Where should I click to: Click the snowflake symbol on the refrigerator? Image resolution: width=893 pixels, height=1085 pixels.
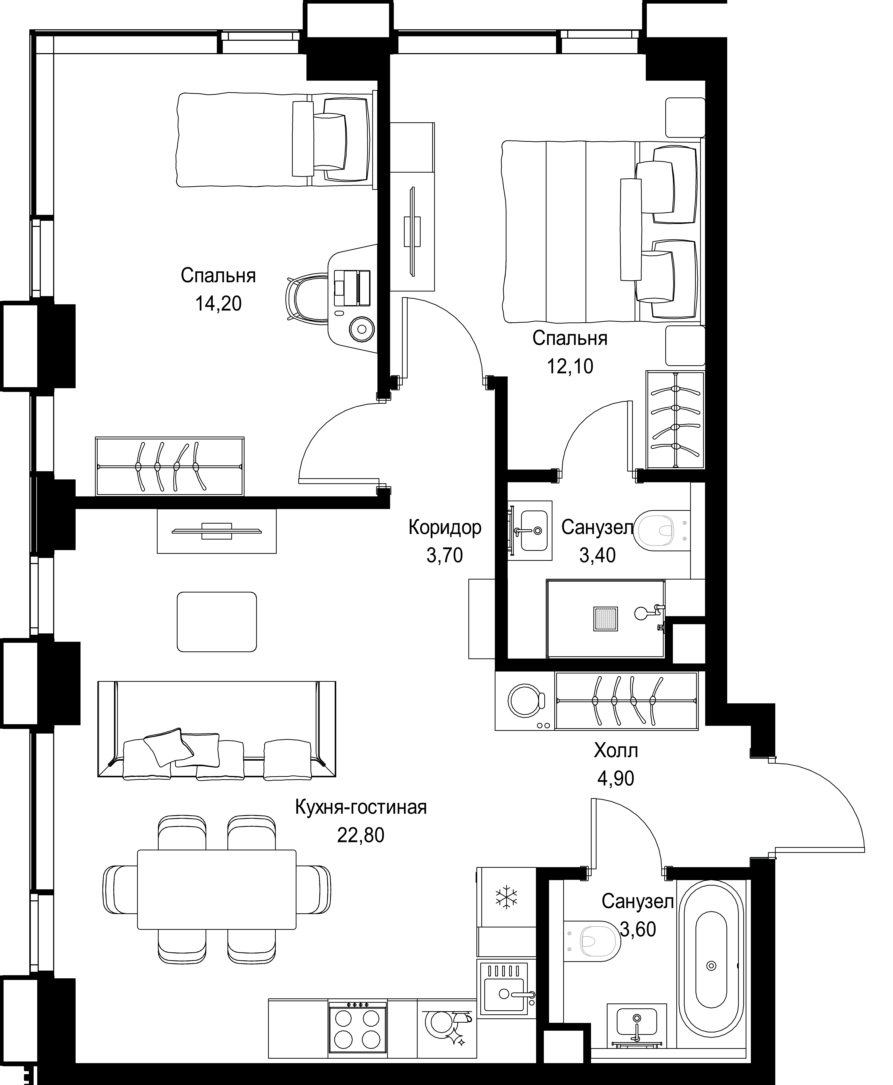point(507,897)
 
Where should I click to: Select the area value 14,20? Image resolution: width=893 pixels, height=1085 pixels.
point(218,304)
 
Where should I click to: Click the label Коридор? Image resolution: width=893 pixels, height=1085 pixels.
point(445,528)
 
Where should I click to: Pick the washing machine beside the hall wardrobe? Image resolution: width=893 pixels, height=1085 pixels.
point(525,701)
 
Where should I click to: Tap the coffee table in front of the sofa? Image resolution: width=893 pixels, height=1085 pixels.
point(217,622)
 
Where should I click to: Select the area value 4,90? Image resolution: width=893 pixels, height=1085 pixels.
point(616,779)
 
